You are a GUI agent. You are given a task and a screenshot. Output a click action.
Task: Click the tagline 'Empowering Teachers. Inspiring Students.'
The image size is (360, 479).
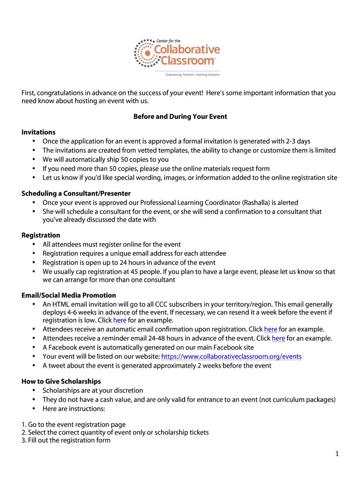(192, 74)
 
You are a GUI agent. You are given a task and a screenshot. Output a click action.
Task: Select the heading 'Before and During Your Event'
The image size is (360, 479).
(180, 116)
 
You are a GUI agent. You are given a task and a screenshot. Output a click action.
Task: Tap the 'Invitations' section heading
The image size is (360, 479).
(38, 132)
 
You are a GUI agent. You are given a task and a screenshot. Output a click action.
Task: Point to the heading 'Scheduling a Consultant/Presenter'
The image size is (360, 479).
(76, 193)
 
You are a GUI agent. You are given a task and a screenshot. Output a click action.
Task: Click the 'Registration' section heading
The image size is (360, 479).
(41, 235)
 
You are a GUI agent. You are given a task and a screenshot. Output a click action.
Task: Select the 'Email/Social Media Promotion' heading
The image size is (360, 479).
(69, 295)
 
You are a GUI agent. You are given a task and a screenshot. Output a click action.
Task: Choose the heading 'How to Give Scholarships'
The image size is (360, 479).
(61, 381)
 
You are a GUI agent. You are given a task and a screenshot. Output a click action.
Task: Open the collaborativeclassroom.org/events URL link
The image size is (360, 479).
(231, 356)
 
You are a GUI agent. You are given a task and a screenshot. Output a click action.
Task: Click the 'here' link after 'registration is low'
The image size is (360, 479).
(120, 320)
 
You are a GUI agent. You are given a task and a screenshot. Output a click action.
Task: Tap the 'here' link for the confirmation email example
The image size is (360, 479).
(271, 329)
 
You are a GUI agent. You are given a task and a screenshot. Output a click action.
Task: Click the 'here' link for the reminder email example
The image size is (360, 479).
(278, 338)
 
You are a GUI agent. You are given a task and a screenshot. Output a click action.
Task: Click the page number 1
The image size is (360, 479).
(337, 453)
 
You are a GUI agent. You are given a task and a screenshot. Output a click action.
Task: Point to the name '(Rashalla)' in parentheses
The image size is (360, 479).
(257, 203)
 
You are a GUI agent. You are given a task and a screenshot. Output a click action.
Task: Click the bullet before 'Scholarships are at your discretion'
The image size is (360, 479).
(34, 390)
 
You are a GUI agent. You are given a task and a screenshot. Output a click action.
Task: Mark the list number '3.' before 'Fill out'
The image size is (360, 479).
(24, 440)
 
